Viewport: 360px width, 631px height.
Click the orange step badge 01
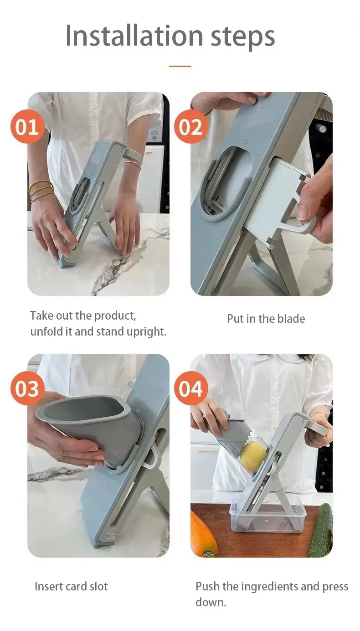point(27,127)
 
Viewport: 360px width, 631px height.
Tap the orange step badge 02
point(191,127)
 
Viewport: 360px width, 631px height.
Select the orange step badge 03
point(27,388)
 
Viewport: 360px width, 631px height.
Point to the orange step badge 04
point(191,388)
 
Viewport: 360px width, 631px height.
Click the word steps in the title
point(242,38)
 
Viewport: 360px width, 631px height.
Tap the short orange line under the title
point(180,66)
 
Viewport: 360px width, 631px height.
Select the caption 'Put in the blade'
point(266,319)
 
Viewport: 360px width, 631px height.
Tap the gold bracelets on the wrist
point(41,191)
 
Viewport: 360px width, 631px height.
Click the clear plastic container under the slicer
point(267,519)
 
